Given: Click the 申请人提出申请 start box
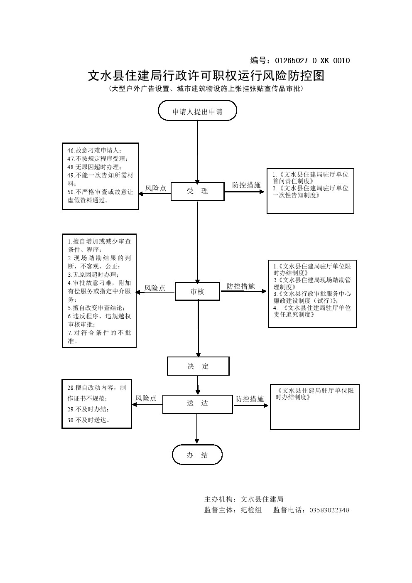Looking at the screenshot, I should tap(197, 111).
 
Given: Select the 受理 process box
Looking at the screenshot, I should tap(198, 191).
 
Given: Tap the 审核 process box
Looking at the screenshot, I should tap(197, 292).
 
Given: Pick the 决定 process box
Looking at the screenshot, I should tap(198, 366).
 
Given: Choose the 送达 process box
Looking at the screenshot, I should tap(197, 403).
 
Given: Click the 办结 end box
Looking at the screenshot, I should tap(197, 455).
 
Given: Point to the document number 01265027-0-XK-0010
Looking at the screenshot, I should tap(313, 61).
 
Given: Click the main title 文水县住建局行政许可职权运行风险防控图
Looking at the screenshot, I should tap(206, 76).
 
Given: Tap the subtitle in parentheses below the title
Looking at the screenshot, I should tap(206, 89).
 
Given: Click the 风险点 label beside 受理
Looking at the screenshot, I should tap(155, 188).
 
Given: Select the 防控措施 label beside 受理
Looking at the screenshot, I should tap(246, 185).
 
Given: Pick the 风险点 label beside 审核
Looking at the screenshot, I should tap(155, 288).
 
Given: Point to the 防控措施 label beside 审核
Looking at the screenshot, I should tap(240, 286).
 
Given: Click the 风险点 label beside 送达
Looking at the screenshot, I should tap(146, 398).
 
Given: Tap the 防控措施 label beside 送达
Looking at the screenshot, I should tap(250, 399).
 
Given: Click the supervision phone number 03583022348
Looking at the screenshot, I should tap(329, 510).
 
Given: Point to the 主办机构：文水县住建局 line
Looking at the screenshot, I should tap(244, 499).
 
